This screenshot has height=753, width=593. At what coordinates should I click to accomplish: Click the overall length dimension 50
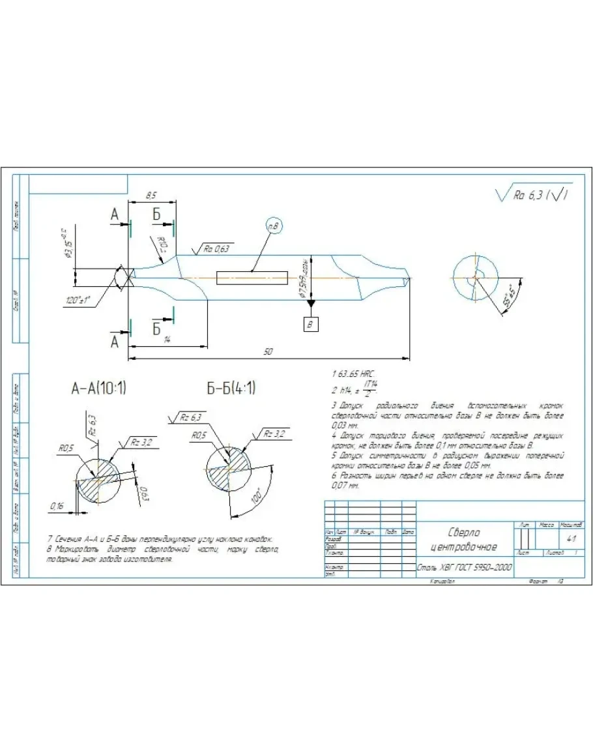point(268,352)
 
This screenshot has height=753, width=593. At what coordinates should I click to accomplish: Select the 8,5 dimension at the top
point(151,195)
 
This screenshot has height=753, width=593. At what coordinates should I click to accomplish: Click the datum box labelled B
point(311,323)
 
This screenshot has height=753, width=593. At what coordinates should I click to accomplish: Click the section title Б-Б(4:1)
point(231,389)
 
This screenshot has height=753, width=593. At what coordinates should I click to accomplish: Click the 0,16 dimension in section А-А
point(58,505)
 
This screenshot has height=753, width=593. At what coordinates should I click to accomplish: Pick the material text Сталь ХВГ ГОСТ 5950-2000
point(464,567)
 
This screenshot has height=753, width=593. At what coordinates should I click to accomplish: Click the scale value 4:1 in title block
point(571,539)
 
